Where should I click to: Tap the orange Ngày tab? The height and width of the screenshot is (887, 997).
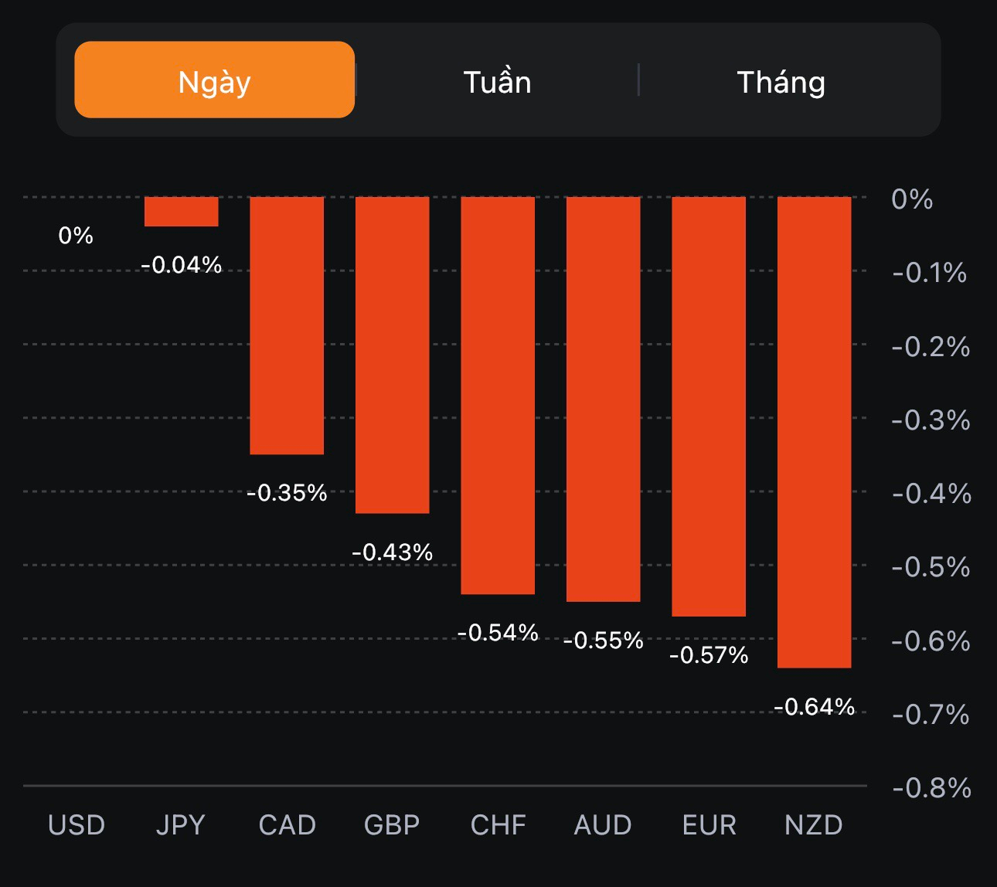pyautogui.click(x=214, y=80)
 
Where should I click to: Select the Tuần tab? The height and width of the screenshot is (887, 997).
pyautogui.click(x=497, y=82)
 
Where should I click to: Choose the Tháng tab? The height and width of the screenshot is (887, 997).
pyautogui.click(x=781, y=82)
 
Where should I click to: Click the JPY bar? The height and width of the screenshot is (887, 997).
pyautogui.click(x=182, y=212)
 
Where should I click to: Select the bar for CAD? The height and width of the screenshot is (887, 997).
pyautogui.click(x=287, y=325)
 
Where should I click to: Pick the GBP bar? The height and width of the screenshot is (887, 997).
pyautogui.click(x=392, y=355)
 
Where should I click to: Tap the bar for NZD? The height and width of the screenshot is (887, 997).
pyautogui.click(x=814, y=432)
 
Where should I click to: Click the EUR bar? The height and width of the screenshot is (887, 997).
pyautogui.click(x=709, y=406)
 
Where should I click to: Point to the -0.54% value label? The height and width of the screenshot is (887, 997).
pyautogui.click(x=498, y=633)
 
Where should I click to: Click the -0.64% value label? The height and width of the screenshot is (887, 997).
pyautogui.click(x=815, y=707)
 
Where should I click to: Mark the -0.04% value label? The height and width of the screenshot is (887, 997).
pyautogui.click(x=182, y=265)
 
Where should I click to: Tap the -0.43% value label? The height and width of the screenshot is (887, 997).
pyautogui.click(x=393, y=552)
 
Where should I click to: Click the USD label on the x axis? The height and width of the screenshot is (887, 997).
pyautogui.click(x=77, y=825)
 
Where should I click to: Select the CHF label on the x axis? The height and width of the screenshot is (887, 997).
pyautogui.click(x=498, y=825)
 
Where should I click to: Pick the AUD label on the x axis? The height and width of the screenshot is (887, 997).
pyautogui.click(x=603, y=825)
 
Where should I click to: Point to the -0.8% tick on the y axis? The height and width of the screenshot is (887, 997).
pyautogui.click(x=931, y=788)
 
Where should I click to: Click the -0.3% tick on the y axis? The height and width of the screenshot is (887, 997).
pyautogui.click(x=931, y=420)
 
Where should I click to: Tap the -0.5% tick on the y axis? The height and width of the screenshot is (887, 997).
pyautogui.click(x=931, y=567)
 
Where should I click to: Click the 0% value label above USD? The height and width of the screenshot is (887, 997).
pyautogui.click(x=76, y=236)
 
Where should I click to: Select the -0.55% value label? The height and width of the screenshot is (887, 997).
pyautogui.click(x=604, y=641)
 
